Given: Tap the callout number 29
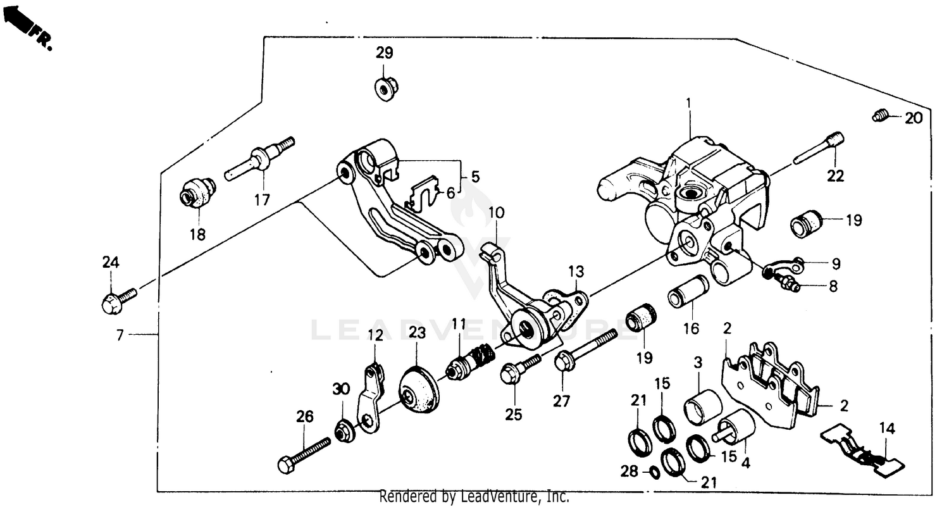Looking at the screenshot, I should click(x=385, y=53).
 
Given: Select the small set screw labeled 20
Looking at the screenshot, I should click(x=878, y=116).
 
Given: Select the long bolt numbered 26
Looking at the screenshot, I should click(x=304, y=455).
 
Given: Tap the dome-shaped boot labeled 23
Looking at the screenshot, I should click(x=418, y=389).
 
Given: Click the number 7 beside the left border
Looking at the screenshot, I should click(x=120, y=335).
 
